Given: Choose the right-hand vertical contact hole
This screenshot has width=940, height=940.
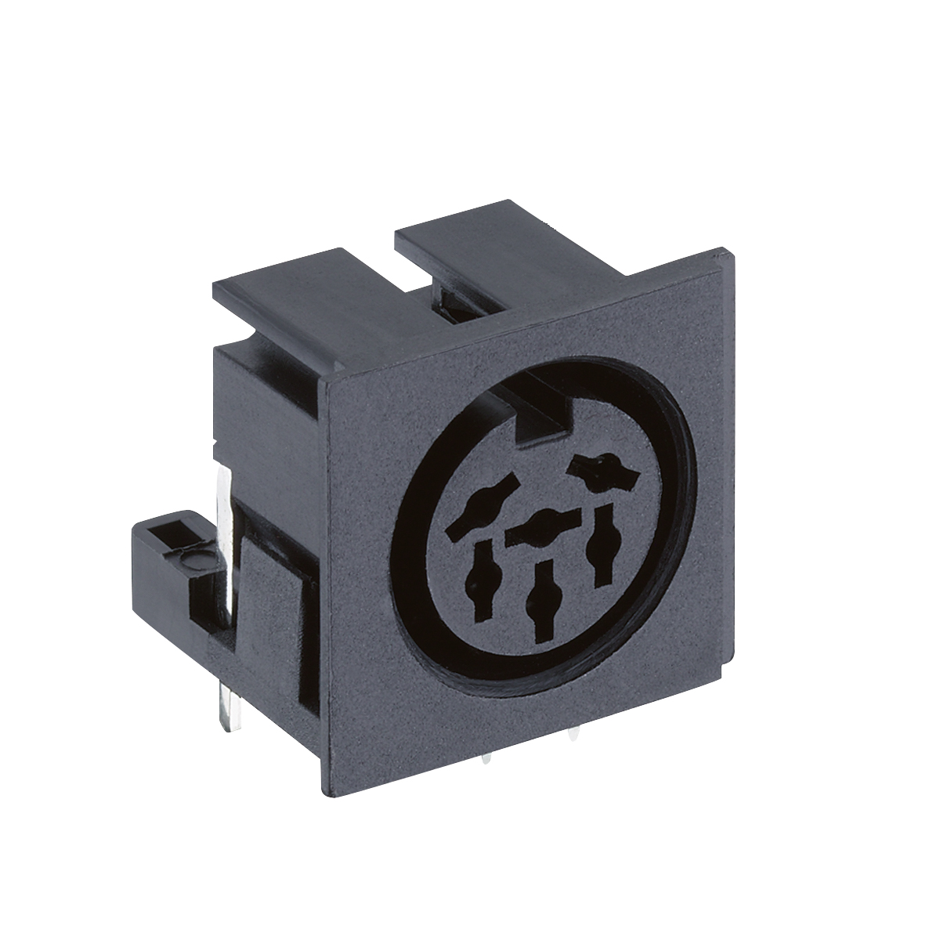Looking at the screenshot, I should (603, 545).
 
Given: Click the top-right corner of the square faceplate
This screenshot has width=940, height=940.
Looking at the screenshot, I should (730, 252).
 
